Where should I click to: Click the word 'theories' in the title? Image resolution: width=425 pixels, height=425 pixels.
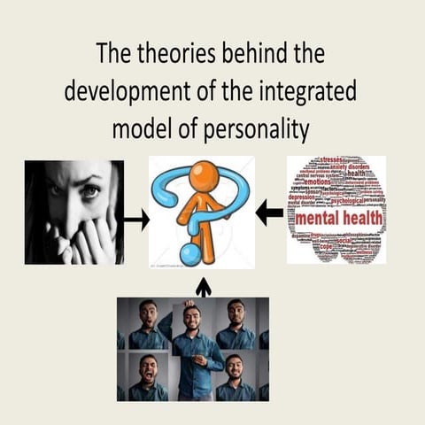pos(177,55)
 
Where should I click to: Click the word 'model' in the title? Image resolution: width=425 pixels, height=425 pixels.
pos(142,128)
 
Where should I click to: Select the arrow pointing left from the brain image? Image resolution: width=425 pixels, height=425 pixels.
pos(270,212)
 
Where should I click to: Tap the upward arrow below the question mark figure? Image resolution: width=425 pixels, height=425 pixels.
pos(203,286)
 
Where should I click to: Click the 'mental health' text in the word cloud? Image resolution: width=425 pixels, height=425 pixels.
pos(336,217)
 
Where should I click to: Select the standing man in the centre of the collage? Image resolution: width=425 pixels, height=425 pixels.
pos(192,350)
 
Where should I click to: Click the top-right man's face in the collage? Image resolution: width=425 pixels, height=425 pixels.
pos(235,313)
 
